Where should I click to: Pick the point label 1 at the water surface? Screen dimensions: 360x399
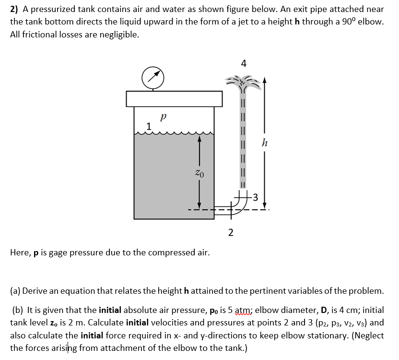pos(149,127)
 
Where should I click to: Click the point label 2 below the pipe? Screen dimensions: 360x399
pos(231,233)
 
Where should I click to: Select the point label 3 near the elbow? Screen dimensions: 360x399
pos(255,196)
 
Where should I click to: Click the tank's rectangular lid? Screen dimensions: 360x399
pos(175,98)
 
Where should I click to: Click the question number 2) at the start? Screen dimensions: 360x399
pos(15,9)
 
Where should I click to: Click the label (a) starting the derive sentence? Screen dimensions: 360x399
pos(15,291)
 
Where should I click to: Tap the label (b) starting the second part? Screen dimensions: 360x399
pos(17,310)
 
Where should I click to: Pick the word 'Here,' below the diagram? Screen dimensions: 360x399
pos(21,252)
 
